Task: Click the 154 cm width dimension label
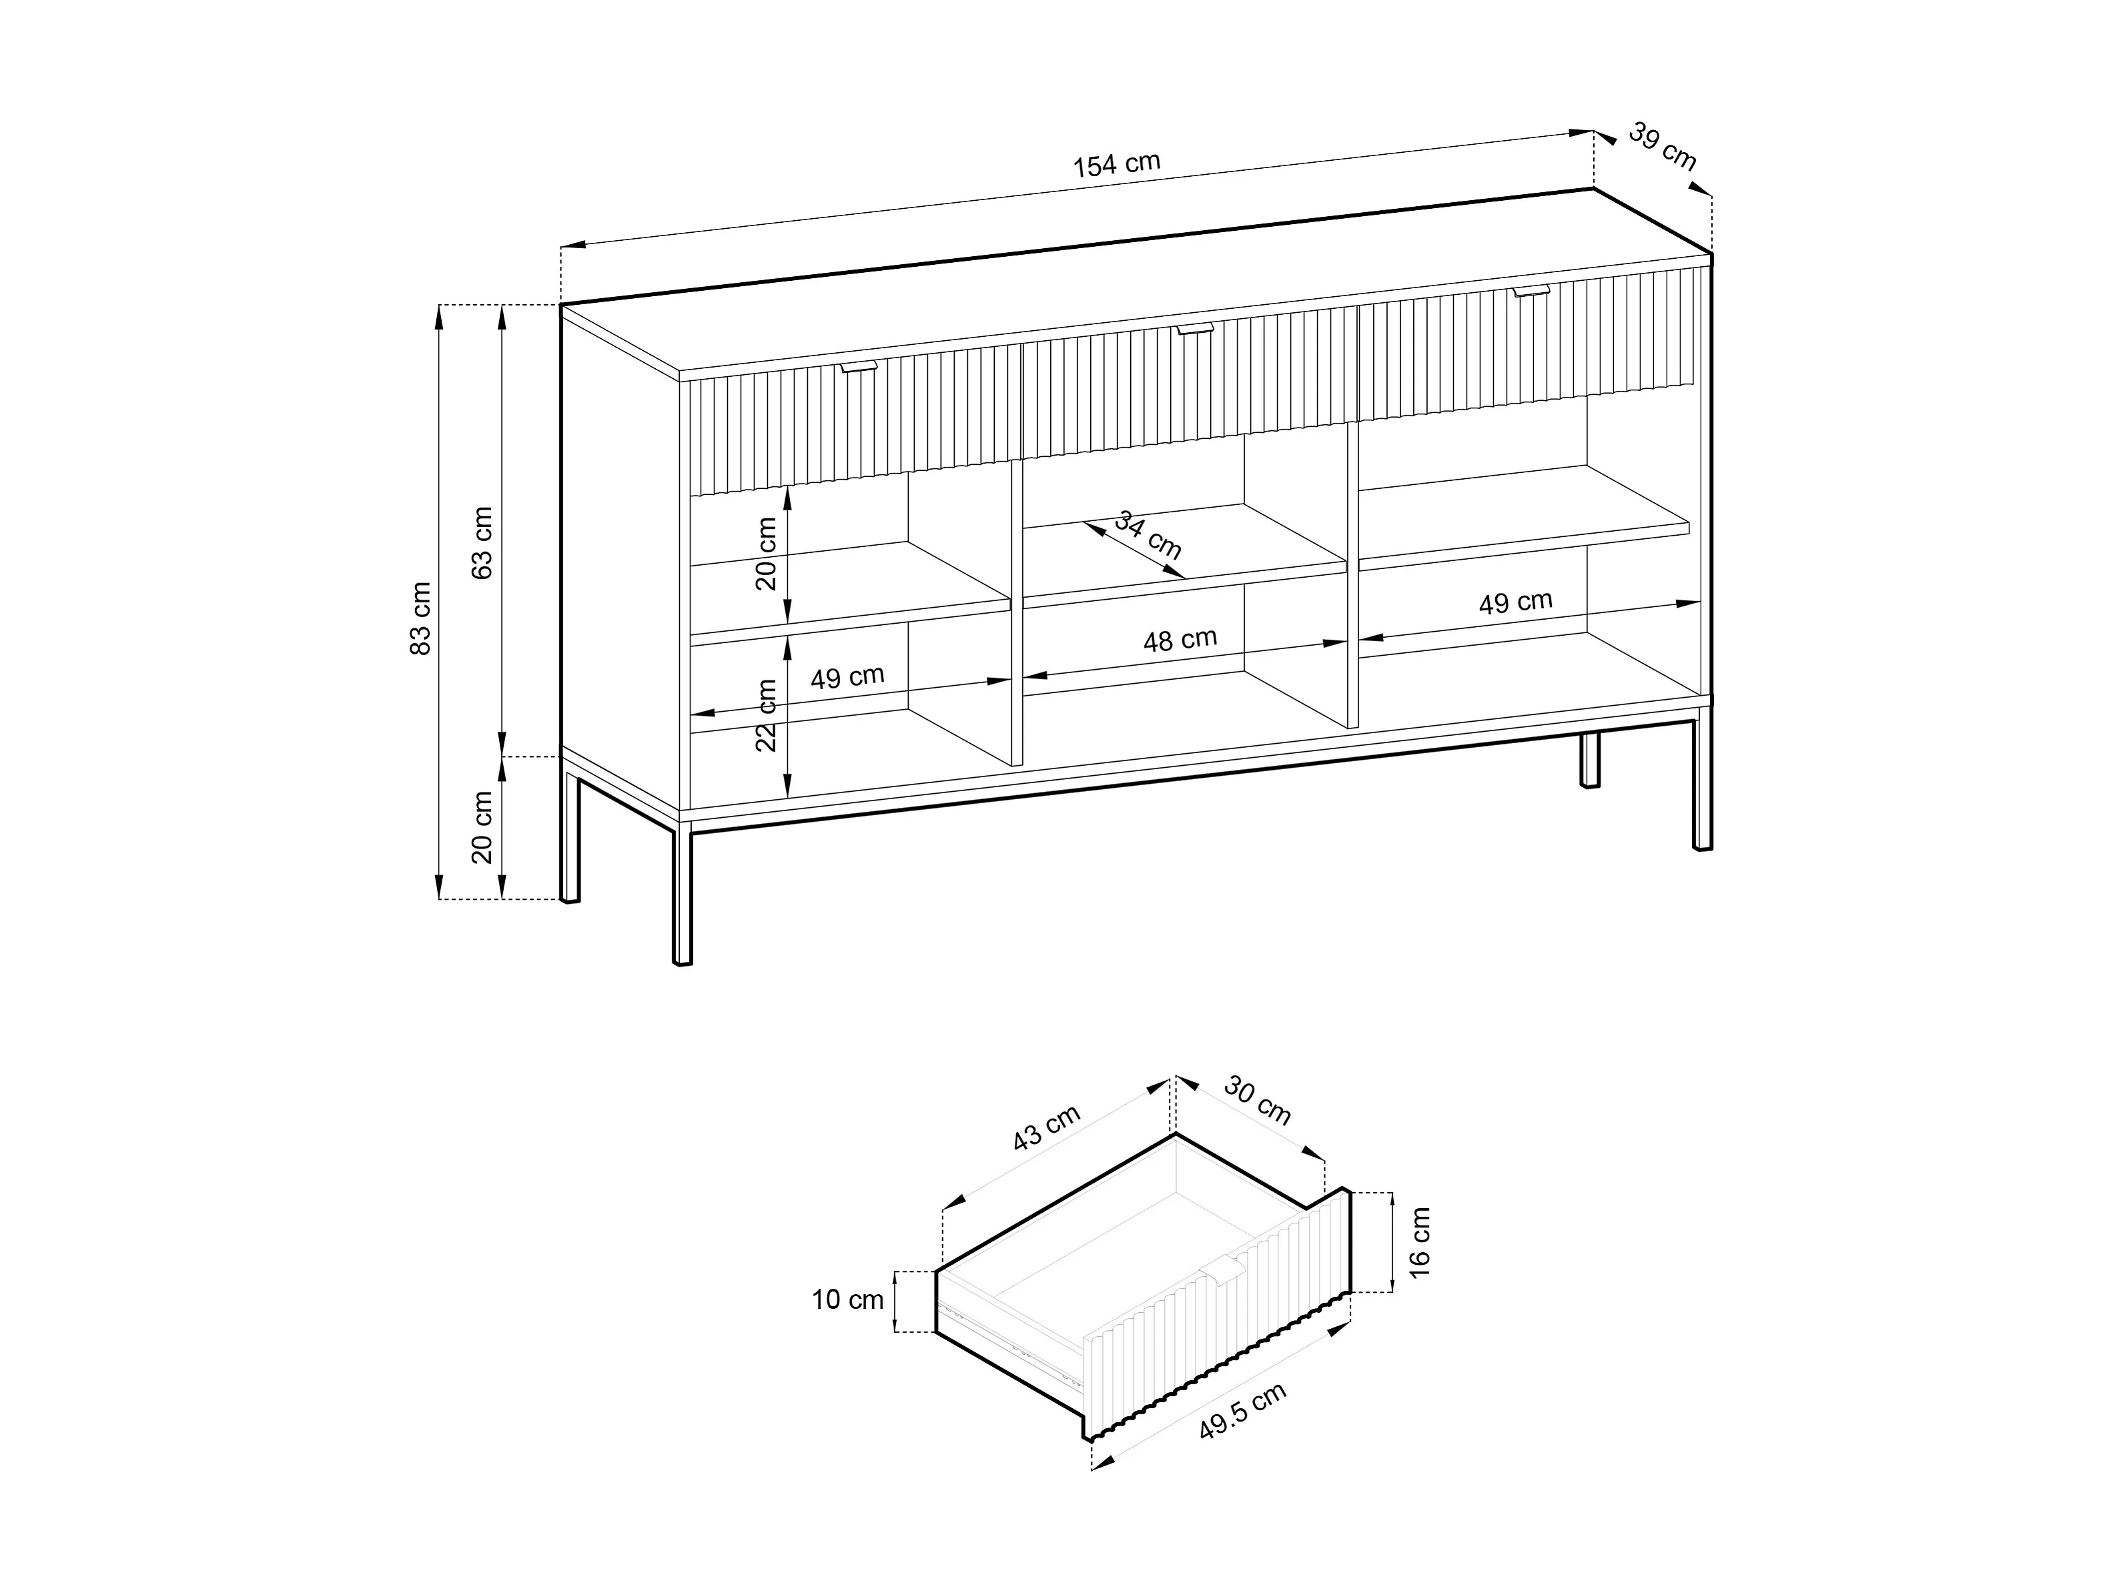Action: click(1116, 164)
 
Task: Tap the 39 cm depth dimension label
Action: click(1662, 147)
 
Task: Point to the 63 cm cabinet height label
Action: click(482, 543)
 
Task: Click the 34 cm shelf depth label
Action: click(1148, 535)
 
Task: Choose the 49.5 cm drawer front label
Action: click(1243, 1412)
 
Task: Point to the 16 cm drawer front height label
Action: click(1420, 1242)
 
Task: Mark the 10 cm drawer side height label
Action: click(847, 1300)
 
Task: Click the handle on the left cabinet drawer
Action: click(860, 367)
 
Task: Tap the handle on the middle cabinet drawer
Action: click(1196, 330)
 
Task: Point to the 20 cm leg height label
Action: click(482, 827)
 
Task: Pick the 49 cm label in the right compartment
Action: click(1516, 602)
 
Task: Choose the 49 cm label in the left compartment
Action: click(847, 677)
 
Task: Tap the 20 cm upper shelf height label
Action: click(767, 554)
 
